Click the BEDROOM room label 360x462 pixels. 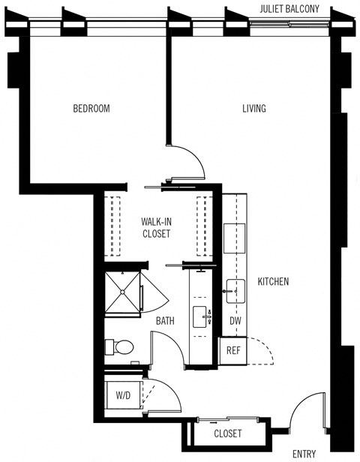91,109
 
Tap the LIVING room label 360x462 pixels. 253,109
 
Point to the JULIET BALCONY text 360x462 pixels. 290,9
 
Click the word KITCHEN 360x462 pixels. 273,282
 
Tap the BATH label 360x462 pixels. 165,321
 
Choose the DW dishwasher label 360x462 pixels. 235,321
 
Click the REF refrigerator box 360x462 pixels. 232,349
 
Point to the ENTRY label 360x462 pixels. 304,453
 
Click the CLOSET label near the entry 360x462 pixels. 228,433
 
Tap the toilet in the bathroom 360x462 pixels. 121,346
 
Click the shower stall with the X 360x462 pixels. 123,292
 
